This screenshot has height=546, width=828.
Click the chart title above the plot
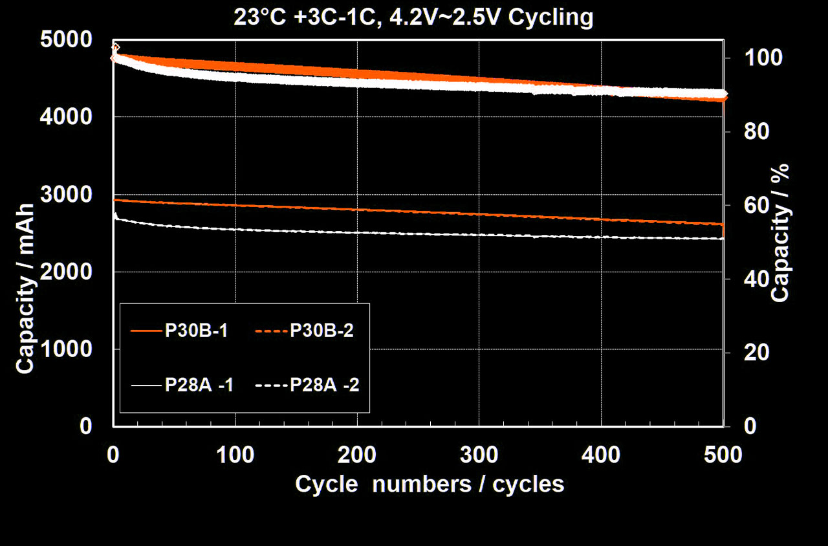click(x=414, y=17)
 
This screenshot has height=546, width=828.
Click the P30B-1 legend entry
click(x=179, y=330)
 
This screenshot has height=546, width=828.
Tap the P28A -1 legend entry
click(x=182, y=385)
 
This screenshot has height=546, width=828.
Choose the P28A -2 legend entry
click(x=307, y=385)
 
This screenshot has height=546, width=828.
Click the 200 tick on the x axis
click(x=357, y=455)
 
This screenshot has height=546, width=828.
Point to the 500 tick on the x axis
click(x=723, y=455)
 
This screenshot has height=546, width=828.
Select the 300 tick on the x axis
click(x=479, y=455)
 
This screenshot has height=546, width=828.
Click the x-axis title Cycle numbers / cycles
click(x=430, y=484)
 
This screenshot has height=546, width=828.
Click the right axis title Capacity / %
click(x=781, y=233)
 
